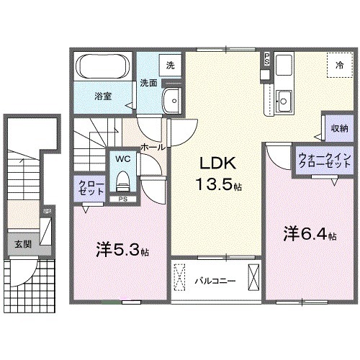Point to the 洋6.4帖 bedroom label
click(x=309, y=233)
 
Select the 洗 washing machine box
click(x=170, y=65)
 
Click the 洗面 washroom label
click(x=148, y=82)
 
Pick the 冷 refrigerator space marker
click(x=338, y=66)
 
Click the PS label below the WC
click(x=123, y=199)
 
